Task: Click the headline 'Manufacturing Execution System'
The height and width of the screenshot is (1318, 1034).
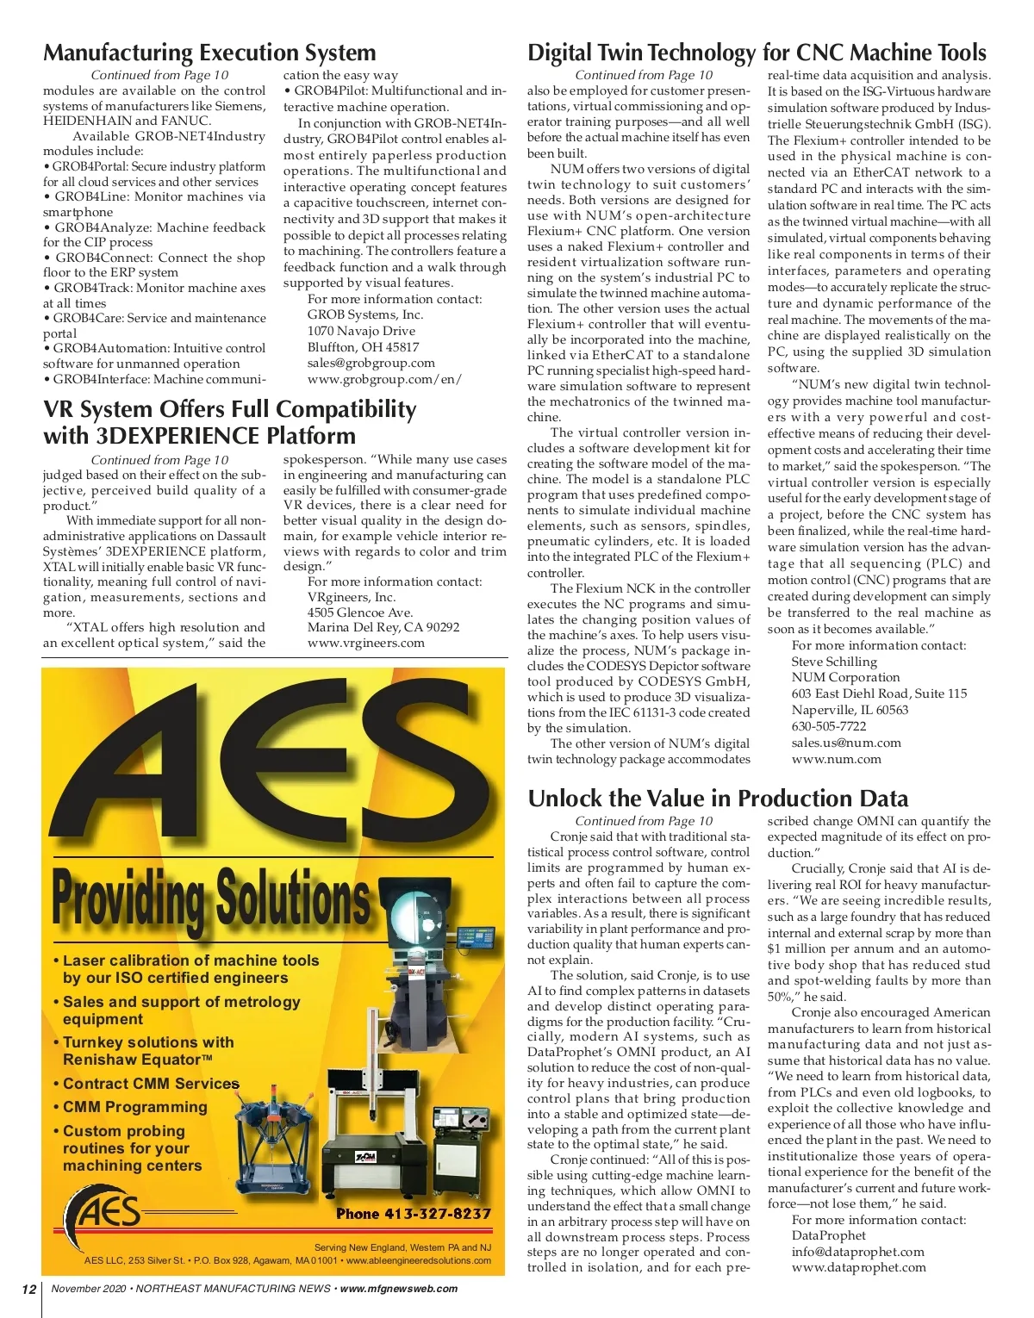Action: (209, 53)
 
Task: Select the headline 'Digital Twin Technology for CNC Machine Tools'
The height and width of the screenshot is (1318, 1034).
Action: (757, 53)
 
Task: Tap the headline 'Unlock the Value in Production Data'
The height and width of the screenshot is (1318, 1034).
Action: (718, 799)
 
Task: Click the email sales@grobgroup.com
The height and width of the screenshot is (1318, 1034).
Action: (371, 363)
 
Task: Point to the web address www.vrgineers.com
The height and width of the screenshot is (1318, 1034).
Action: (365, 643)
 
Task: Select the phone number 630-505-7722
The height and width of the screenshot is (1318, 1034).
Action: (829, 726)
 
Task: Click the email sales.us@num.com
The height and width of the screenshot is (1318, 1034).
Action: (846, 743)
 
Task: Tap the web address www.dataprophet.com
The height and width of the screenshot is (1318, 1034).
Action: (858, 1267)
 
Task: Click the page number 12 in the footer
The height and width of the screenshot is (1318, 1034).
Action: (29, 1289)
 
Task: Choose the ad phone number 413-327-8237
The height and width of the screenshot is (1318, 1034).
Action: (413, 1214)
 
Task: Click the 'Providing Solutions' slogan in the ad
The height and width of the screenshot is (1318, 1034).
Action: (211, 896)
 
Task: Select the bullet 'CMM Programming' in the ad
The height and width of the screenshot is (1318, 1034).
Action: (134, 1107)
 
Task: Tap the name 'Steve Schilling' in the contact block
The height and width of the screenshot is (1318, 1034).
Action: (834, 662)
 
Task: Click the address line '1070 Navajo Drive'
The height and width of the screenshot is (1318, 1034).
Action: (361, 331)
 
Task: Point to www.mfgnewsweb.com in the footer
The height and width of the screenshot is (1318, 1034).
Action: (399, 1289)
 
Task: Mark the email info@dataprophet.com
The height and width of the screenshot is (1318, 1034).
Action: (857, 1252)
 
